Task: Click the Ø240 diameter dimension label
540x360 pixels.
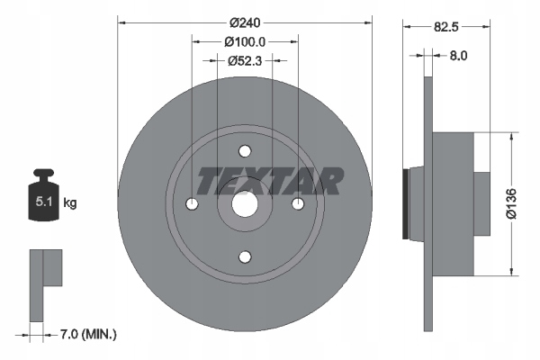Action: click(x=245, y=22)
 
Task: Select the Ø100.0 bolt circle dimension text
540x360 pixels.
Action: click(x=245, y=42)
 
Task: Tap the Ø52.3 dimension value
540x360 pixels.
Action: click(x=245, y=61)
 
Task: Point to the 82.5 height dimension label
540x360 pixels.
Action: click(x=446, y=26)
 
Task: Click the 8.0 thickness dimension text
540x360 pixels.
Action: click(x=458, y=55)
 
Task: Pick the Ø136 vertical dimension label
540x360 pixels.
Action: click(x=511, y=203)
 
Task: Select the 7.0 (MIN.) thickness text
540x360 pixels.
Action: click(x=88, y=334)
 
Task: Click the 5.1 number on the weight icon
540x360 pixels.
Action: click(x=44, y=202)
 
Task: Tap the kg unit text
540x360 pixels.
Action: click(x=70, y=202)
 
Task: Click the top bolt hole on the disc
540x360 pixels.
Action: click(x=245, y=151)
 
